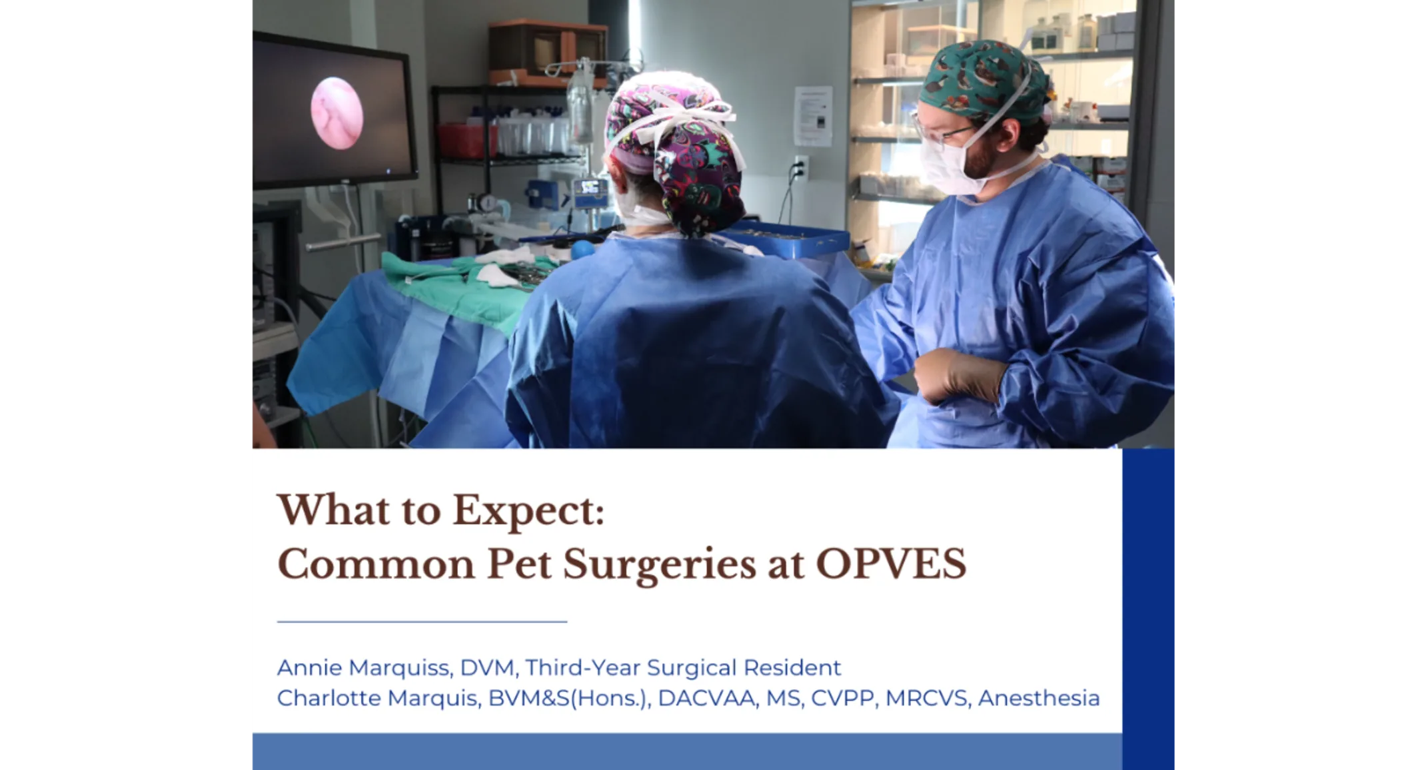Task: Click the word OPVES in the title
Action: click(890, 564)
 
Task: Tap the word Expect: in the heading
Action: click(528, 511)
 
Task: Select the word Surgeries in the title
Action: click(659, 564)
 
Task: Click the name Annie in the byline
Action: click(309, 667)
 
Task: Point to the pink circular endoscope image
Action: click(337, 113)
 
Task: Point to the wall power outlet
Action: click(800, 168)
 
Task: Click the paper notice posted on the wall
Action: click(813, 115)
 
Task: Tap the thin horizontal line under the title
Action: click(422, 621)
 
